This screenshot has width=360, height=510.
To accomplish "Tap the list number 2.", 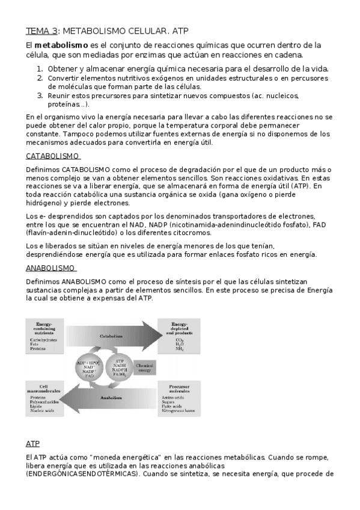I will click(x=40, y=78).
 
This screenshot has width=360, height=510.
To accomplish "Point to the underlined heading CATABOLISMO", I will click(x=53, y=156).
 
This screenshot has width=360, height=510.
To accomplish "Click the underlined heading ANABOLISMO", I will click(x=50, y=268).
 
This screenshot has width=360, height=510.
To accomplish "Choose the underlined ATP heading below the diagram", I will click(x=32, y=444).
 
